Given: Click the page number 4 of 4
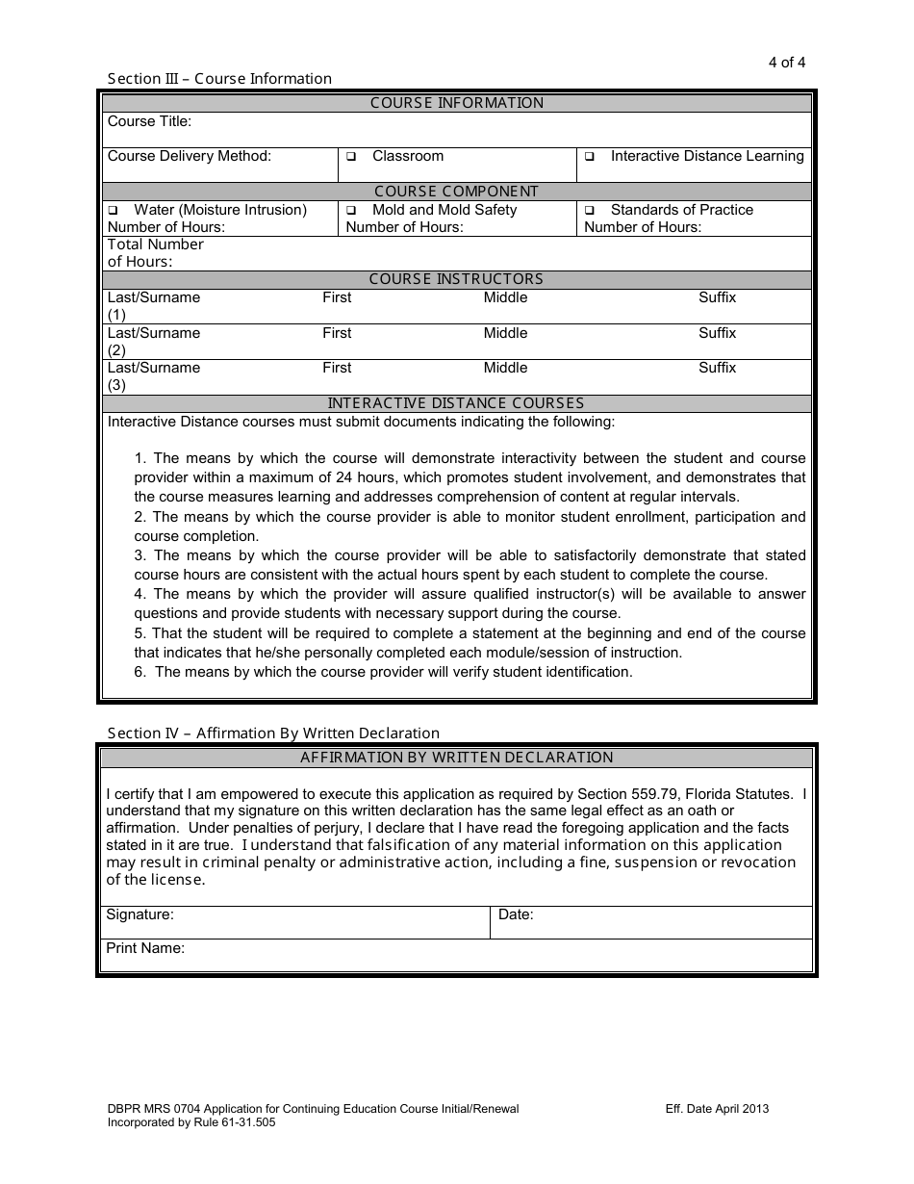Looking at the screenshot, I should pyautogui.click(x=786, y=63).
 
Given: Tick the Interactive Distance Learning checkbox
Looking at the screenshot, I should pyautogui.click(x=590, y=157).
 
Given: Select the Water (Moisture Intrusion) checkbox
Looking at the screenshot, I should pyautogui.click(x=113, y=211).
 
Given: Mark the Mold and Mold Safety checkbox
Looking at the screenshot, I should pyautogui.click(x=351, y=211).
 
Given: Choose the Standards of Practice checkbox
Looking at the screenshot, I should pyautogui.click(x=590, y=211).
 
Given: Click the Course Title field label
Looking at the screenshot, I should pyautogui.click(x=149, y=121).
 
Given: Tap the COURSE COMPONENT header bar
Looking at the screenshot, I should pyautogui.click(x=456, y=192).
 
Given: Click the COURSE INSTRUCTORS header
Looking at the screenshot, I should pyautogui.click(x=456, y=279).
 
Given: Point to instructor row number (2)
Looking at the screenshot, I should pyautogui.click(x=116, y=350).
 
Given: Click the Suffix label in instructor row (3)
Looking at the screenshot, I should pyautogui.click(x=717, y=368).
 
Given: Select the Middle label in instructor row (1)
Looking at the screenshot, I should pyautogui.click(x=505, y=297).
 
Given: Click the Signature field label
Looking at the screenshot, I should pyautogui.click(x=140, y=914).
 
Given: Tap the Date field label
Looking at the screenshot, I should pyautogui.click(x=516, y=914).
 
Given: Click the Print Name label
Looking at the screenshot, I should pyautogui.click(x=145, y=948).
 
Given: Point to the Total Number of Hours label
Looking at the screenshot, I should pyautogui.click(x=155, y=253).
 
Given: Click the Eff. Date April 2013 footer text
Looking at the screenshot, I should pyautogui.click(x=717, y=1109).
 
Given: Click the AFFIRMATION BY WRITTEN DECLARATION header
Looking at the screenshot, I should pyautogui.click(x=456, y=758).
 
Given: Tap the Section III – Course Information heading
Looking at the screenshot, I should pyautogui.click(x=219, y=79).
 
